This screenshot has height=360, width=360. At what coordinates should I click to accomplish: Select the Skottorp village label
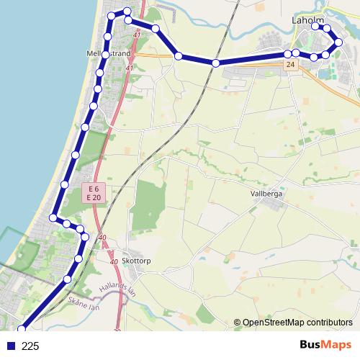(x=137, y=261)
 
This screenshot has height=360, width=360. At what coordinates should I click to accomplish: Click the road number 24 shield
(x=290, y=65)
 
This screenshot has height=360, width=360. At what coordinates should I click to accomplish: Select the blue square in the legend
(x=10, y=346)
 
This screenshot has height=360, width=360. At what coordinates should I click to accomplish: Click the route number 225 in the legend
(x=30, y=346)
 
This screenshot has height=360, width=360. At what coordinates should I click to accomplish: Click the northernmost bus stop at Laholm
(x=317, y=27)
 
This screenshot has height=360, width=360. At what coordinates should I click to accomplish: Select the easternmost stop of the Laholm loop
(x=339, y=42)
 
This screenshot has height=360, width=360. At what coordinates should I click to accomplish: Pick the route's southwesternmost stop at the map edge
(x=22, y=329)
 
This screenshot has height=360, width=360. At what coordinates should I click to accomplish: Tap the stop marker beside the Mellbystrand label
(x=106, y=55)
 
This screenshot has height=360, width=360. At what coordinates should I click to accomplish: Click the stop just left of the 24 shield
(x=287, y=54)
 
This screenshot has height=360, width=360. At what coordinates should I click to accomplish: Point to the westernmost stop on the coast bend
(x=53, y=217)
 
